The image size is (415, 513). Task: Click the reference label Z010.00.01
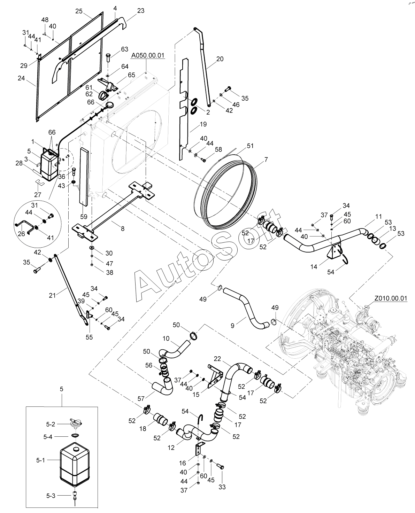coord(391,298)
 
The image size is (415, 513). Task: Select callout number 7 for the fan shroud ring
coord(266,160)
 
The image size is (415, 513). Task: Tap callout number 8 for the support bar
coord(122,228)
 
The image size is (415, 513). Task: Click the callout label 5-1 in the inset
coord(41,460)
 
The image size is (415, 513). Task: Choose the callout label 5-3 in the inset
coord(41,494)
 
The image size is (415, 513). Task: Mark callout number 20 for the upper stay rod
coord(220,59)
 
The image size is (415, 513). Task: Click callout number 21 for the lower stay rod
coord(52,295)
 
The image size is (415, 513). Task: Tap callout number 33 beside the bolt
coord(222,487)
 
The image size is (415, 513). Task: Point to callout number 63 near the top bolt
coord(125,49)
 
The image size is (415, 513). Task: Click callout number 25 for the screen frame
coord(79,11)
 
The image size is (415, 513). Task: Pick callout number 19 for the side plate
coord(203,124)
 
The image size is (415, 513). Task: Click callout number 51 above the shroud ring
coord(250,146)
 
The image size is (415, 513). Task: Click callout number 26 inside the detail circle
coord(21,234)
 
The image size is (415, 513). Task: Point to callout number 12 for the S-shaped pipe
coord(171,448)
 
